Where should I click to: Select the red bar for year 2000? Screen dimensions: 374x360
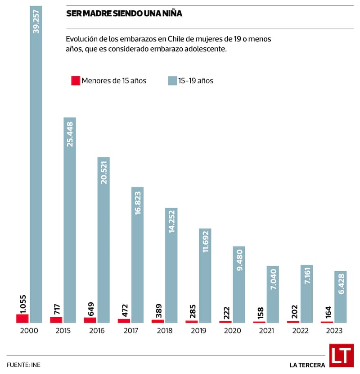click(x=22, y=319)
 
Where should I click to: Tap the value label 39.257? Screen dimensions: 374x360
click(x=36, y=20)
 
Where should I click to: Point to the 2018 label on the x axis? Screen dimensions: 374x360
click(x=164, y=331)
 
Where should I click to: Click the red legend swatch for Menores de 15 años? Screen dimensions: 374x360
click(x=76, y=81)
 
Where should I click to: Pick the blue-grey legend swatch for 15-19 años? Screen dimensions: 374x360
click(x=172, y=81)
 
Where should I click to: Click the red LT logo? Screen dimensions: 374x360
click(x=341, y=356)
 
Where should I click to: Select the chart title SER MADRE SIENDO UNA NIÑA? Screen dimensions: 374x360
click(x=124, y=14)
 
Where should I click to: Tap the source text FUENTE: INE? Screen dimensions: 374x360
click(x=26, y=364)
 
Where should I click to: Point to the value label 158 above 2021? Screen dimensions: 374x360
click(x=260, y=311)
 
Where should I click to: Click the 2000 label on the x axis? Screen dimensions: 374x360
click(x=29, y=331)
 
